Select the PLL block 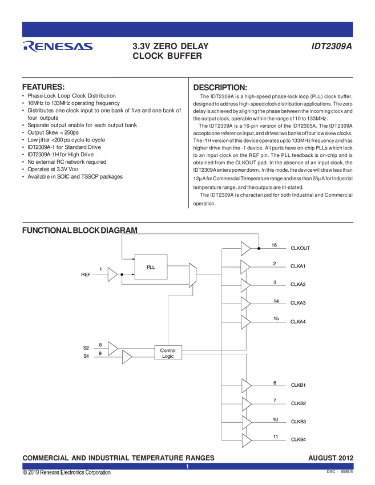(151, 266)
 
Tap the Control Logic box (168, 353)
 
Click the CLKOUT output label (301, 248)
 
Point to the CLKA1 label (298, 266)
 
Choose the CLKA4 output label (298, 322)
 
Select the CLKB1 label (298, 386)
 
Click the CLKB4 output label (298, 439)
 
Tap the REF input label (86, 275)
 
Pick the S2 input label (86, 347)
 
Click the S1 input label (86, 357)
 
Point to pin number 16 (274, 245)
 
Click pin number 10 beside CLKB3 (275, 419)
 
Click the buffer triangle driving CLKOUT (245, 248)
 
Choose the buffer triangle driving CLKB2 (246, 404)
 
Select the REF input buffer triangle (112, 275)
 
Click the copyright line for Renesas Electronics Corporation (67, 472)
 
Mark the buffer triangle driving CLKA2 (245, 285)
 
